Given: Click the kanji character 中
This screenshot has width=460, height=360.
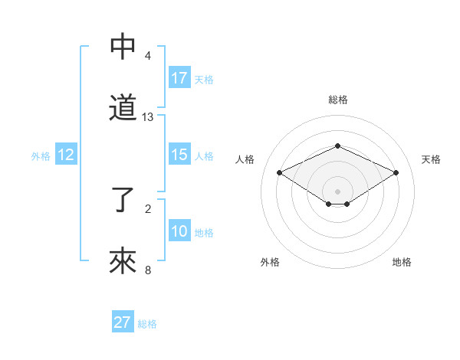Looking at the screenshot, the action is [123, 47].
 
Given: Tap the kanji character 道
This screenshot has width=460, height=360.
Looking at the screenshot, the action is [123, 108].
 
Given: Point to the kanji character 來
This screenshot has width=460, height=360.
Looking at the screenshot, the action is [123, 261].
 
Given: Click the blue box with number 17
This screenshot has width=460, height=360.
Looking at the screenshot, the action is [179, 77].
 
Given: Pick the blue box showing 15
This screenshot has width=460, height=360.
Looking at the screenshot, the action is [179, 155].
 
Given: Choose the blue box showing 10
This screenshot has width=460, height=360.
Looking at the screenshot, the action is [179, 231].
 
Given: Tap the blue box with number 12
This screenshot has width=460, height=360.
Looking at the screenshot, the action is [66, 155].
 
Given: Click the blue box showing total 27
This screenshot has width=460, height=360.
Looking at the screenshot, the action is [123, 322].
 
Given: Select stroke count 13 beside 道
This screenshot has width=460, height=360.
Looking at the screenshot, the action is [148, 116].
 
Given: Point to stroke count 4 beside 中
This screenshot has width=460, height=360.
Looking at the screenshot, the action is [148, 56].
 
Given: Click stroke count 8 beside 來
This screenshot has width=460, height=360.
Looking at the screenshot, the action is [148, 270].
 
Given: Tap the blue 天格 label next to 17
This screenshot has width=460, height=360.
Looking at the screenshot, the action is [204, 79].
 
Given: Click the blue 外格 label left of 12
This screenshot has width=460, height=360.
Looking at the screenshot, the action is [41, 155].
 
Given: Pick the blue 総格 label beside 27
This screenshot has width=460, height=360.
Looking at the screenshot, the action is [147, 324].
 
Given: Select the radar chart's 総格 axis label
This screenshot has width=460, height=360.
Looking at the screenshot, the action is [337, 100].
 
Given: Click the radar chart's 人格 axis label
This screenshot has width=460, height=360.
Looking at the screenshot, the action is [245, 159].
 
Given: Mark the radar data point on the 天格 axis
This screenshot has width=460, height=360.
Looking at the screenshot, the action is [396, 172].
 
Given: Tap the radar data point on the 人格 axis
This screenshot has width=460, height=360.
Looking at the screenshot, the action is [279, 172].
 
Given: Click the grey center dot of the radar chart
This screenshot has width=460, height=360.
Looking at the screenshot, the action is [337, 191].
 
